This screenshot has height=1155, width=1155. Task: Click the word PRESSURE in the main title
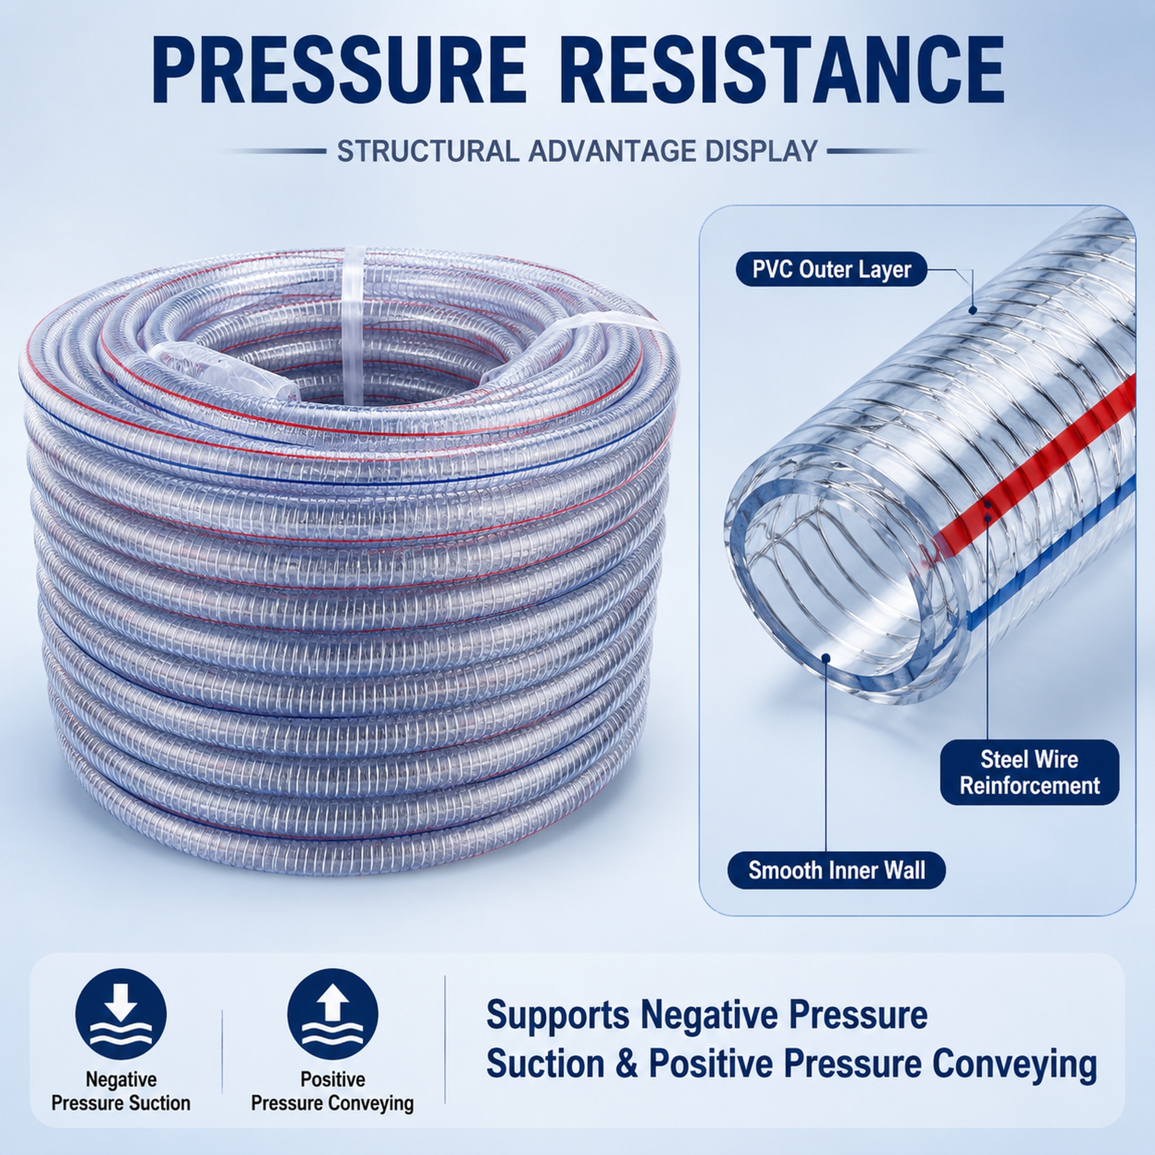point(339,70)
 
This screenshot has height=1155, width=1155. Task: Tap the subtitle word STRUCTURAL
point(427,151)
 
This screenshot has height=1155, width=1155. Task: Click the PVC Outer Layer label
point(831,269)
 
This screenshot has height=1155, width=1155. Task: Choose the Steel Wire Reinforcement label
point(1029,773)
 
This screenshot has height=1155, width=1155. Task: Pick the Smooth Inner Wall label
point(836,870)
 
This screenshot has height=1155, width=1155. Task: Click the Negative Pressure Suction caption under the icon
point(121,1091)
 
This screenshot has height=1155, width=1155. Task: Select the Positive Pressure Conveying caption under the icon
point(332,1091)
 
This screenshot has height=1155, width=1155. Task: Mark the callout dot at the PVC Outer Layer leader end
point(973,310)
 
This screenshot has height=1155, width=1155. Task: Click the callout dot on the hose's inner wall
point(826,658)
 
